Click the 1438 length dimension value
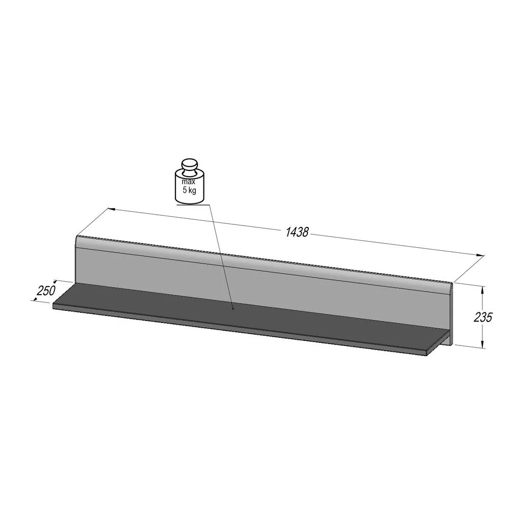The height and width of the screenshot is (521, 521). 297,232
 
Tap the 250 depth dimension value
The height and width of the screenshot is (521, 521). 46,291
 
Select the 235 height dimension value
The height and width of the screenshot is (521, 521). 482,317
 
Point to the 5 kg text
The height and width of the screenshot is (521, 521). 189,191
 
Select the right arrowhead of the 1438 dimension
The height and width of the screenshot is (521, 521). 480,255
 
